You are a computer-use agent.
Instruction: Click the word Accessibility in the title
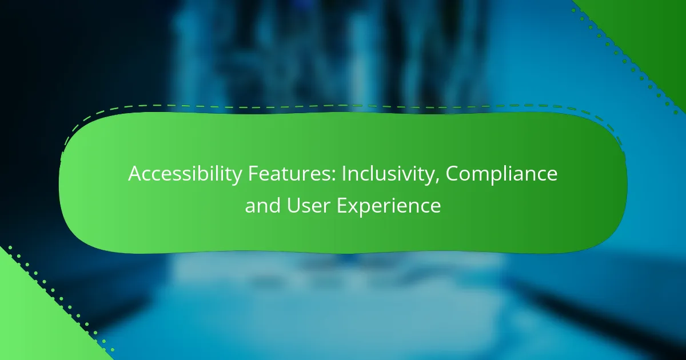pyautogui.click(x=185, y=174)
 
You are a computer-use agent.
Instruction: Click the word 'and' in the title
pyautogui.click(x=262, y=205)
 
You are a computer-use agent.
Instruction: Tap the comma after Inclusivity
pyautogui.click(x=436, y=182)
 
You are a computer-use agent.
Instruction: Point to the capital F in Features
pyautogui.click(x=253, y=174)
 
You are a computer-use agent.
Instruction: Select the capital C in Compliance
pyautogui.click(x=452, y=174)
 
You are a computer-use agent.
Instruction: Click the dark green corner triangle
pyautogui.click(x=652, y=34)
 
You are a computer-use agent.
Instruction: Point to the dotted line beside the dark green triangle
pyautogui.click(x=625, y=61)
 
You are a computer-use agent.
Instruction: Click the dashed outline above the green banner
pyautogui.click(x=343, y=106)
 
